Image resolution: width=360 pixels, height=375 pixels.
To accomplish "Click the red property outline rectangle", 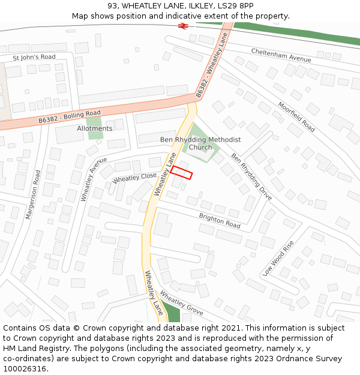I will [181, 173].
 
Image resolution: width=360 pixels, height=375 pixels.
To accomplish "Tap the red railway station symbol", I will [183, 26].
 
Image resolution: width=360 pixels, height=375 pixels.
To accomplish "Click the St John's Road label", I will [34, 57].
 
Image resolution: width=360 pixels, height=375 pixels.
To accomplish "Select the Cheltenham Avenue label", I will [281, 55].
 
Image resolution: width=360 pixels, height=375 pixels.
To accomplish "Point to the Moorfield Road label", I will [296, 116].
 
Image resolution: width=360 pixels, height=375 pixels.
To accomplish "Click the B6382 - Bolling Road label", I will [70, 116].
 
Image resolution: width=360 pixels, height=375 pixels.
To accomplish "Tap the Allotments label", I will [94, 128].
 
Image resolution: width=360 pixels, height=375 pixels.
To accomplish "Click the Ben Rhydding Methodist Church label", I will [200, 143].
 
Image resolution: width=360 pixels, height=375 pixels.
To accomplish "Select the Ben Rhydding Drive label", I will [251, 176].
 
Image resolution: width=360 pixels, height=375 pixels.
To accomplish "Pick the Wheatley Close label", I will [134, 178].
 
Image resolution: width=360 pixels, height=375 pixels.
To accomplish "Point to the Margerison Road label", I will [33, 194].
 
